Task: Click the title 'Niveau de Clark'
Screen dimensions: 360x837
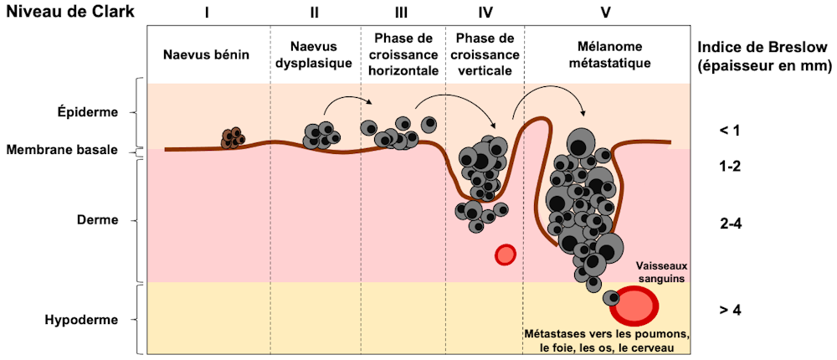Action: point(61,13)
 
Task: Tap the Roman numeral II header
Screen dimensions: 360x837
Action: point(315,13)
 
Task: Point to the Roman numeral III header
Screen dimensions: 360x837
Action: point(401,13)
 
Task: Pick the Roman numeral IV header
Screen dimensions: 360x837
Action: point(484,13)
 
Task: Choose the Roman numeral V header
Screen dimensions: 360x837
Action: point(606,13)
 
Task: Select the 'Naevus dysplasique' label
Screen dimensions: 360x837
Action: point(315,54)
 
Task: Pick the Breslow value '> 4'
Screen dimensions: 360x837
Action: point(729,310)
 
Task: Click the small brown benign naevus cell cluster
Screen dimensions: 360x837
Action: point(233,138)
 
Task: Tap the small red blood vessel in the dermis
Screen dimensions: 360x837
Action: point(505,254)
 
